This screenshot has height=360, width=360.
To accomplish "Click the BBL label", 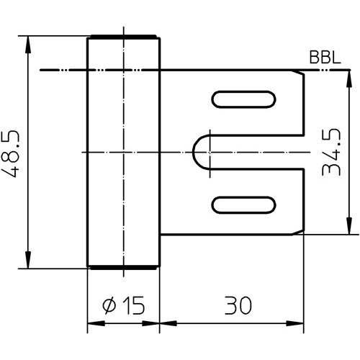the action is point(325,58).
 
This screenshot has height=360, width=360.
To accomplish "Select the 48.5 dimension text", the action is point(10,154).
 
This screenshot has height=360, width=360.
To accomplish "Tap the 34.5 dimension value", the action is point(331,153).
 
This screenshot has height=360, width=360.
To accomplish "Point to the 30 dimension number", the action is point(238,305).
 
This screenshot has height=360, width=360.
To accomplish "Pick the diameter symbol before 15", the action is point(109,305).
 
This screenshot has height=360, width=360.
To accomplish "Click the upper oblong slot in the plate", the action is point(243,99).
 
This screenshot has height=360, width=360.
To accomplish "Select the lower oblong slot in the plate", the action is point(243,205).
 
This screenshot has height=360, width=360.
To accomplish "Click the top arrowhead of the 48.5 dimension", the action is point(28,45).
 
